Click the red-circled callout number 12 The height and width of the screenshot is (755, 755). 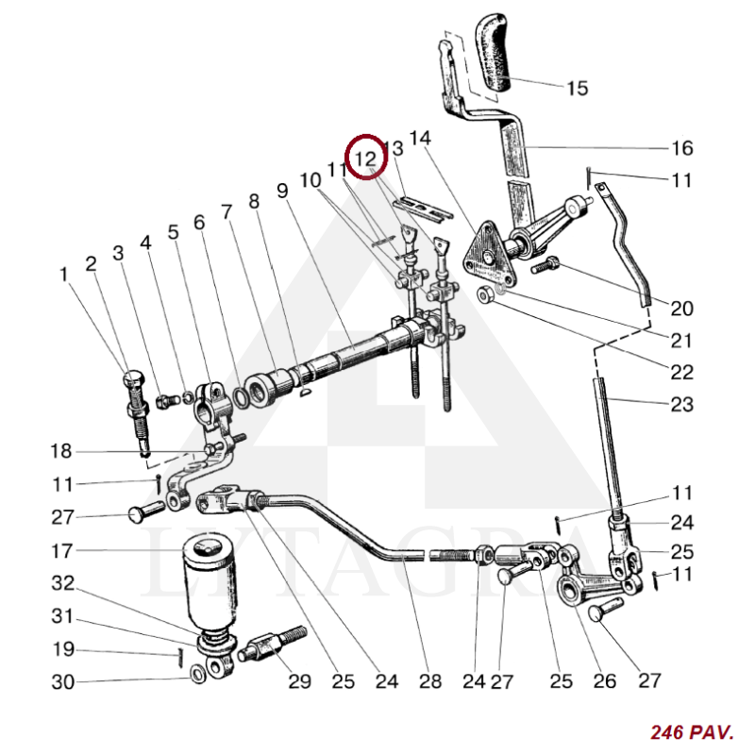tap(366, 157)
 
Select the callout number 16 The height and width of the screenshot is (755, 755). tap(681, 148)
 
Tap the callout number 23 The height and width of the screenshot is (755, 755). tap(681, 405)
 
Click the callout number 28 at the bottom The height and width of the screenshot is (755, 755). tap(429, 680)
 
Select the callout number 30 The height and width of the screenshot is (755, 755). tap(62, 681)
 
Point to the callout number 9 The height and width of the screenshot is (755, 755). tap(282, 191)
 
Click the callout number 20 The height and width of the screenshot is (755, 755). tap(681, 309)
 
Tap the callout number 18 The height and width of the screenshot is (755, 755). tap(62, 451)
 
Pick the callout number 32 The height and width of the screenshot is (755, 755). tap(62, 583)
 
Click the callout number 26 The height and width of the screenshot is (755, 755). tap(604, 680)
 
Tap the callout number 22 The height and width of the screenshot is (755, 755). tap(681, 372)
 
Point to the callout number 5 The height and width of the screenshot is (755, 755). tap(174, 232)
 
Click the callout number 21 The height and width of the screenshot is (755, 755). tap(681, 340)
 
